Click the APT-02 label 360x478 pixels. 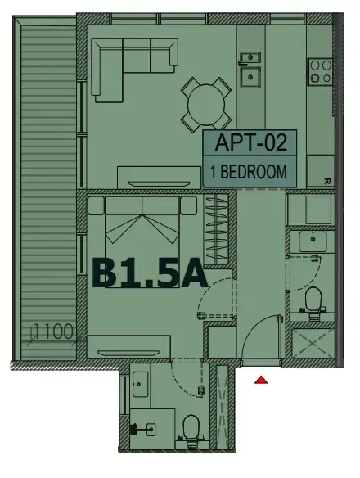(252, 143)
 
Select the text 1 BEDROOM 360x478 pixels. (250, 172)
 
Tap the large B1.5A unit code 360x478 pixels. (149, 273)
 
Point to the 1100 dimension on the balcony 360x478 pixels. (54, 332)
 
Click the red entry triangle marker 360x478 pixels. (261, 379)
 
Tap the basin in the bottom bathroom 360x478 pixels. (139, 383)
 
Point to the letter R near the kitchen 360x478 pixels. (326, 182)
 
